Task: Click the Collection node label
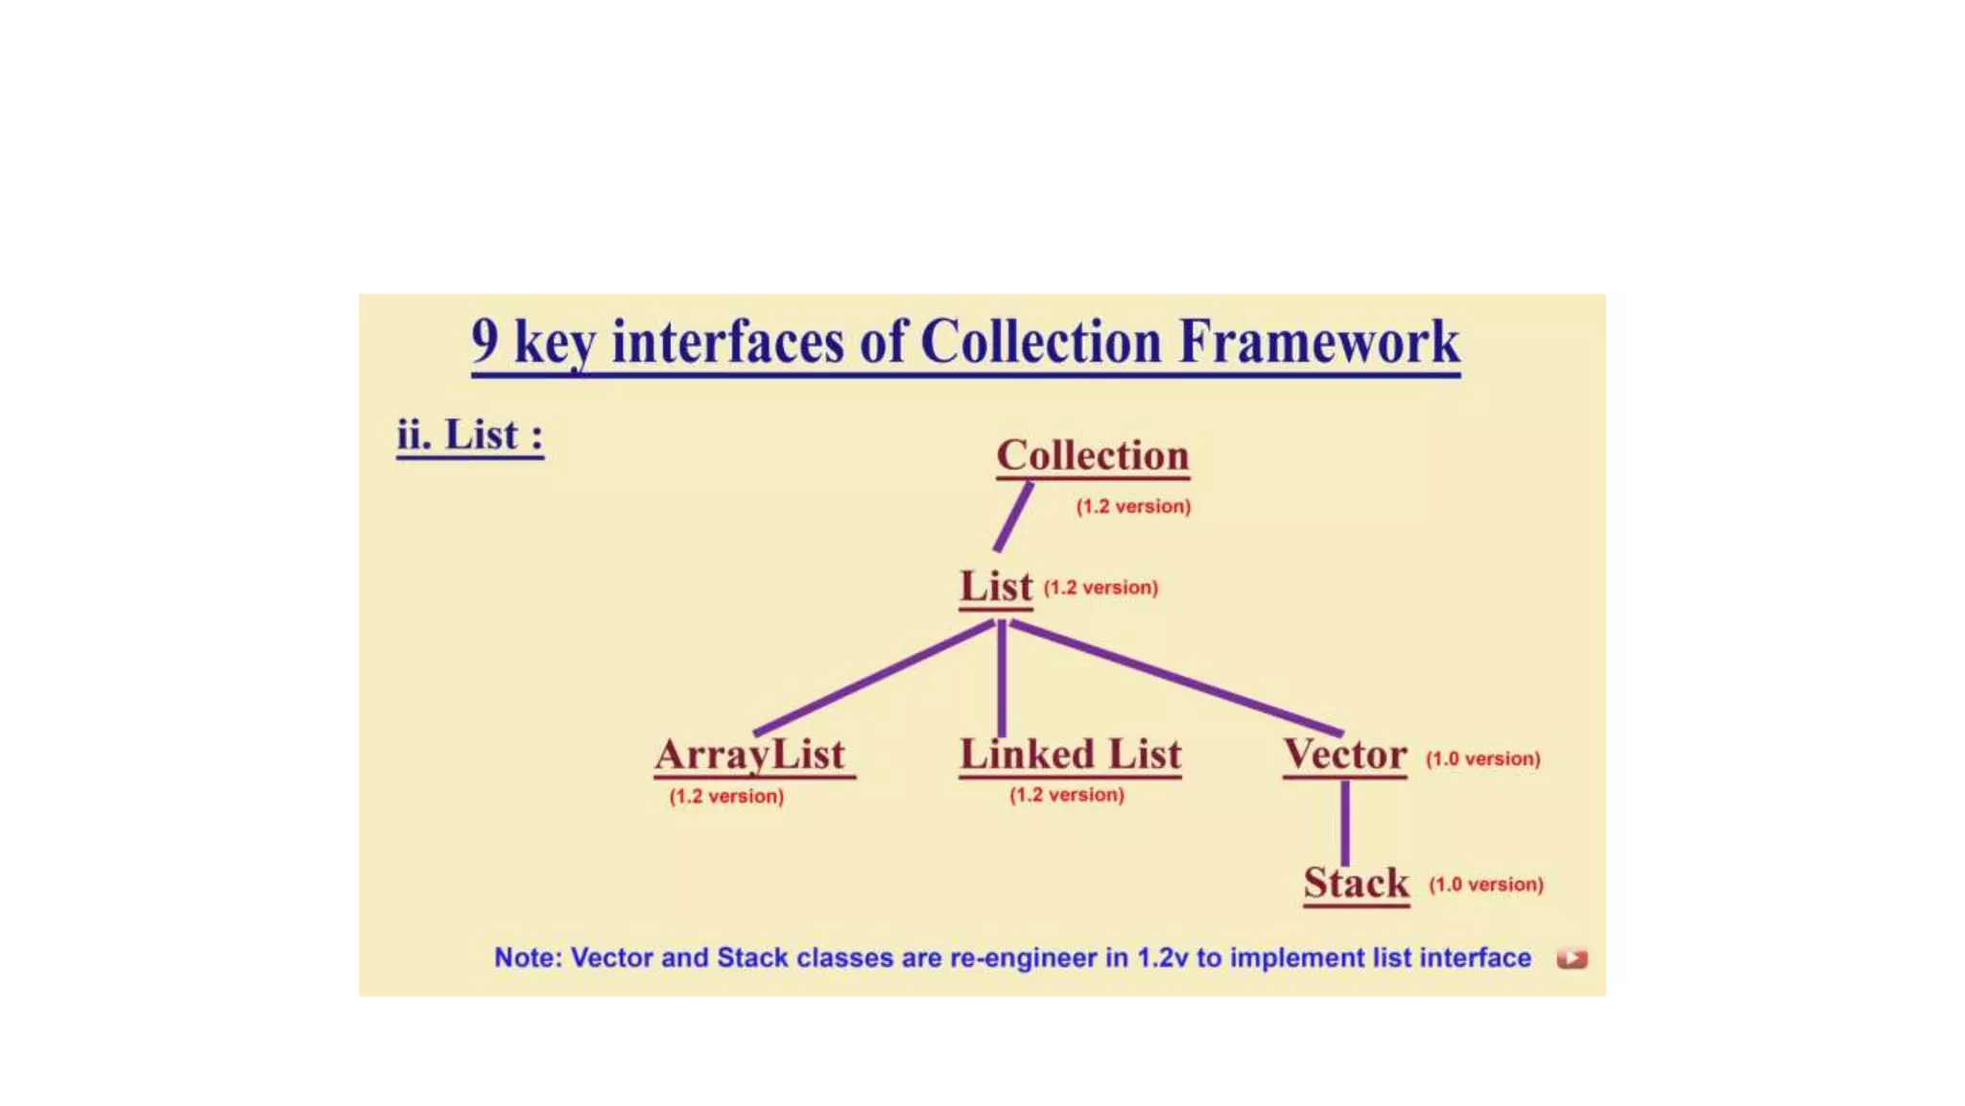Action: click(1092, 455)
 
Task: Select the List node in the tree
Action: click(996, 587)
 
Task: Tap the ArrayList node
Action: click(750, 755)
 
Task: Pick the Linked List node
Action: click(1070, 755)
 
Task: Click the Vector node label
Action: click(1345, 755)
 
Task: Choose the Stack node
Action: click(1356, 883)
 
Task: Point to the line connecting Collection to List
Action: click(1012, 517)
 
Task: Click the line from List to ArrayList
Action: click(873, 678)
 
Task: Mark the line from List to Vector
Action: click(1176, 677)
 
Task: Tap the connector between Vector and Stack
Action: click(1345, 822)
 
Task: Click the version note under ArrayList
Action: click(726, 797)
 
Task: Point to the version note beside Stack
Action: click(1485, 884)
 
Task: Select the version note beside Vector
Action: click(1482, 758)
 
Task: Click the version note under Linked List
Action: click(1066, 795)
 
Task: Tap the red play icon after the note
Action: click(1572, 958)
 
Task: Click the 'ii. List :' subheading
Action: click(470, 436)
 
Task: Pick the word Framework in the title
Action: click(1319, 342)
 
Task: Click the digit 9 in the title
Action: click(485, 340)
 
